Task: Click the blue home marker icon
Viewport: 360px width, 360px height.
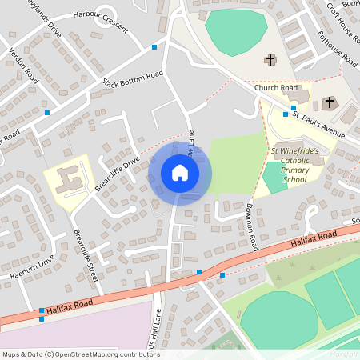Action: pyautogui.click(x=180, y=172)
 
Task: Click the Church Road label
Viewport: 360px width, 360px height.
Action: pyautogui.click(x=270, y=88)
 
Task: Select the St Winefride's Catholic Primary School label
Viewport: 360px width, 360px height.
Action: pyautogui.click(x=294, y=165)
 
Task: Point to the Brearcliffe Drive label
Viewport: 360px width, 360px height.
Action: pyautogui.click(x=117, y=171)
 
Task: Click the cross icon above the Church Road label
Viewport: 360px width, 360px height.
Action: pyautogui.click(x=270, y=59)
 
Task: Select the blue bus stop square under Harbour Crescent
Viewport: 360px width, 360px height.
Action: pyautogui.click(x=154, y=47)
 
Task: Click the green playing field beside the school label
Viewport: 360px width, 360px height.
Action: pyautogui.click(x=274, y=178)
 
